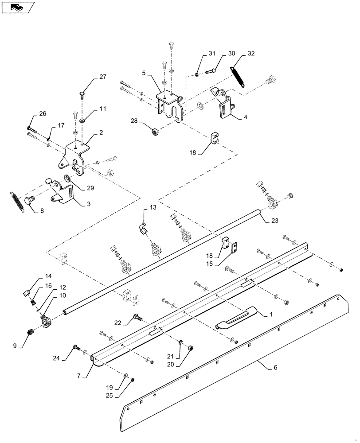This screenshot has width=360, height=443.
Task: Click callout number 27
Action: [103, 77]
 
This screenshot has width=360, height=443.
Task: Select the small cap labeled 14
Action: [26, 293]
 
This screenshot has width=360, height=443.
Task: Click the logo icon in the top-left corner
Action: [17, 7]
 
